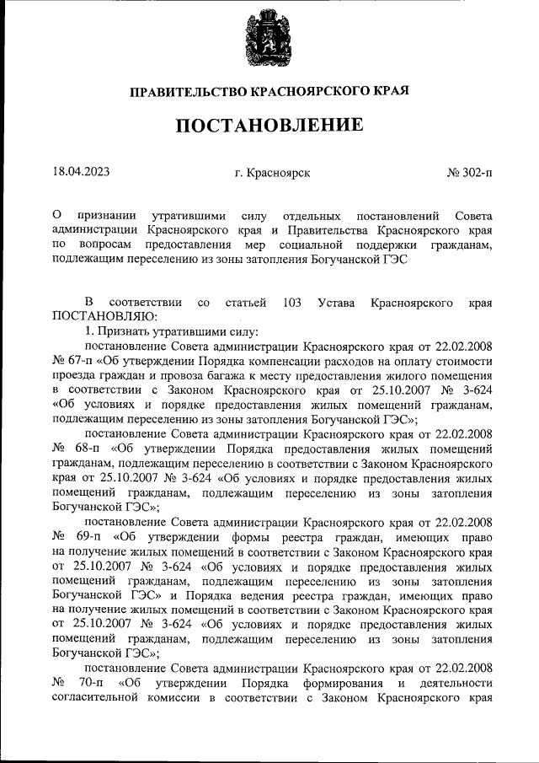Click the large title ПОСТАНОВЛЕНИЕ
point(269,126)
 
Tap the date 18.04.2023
point(81,172)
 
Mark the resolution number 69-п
point(90,535)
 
